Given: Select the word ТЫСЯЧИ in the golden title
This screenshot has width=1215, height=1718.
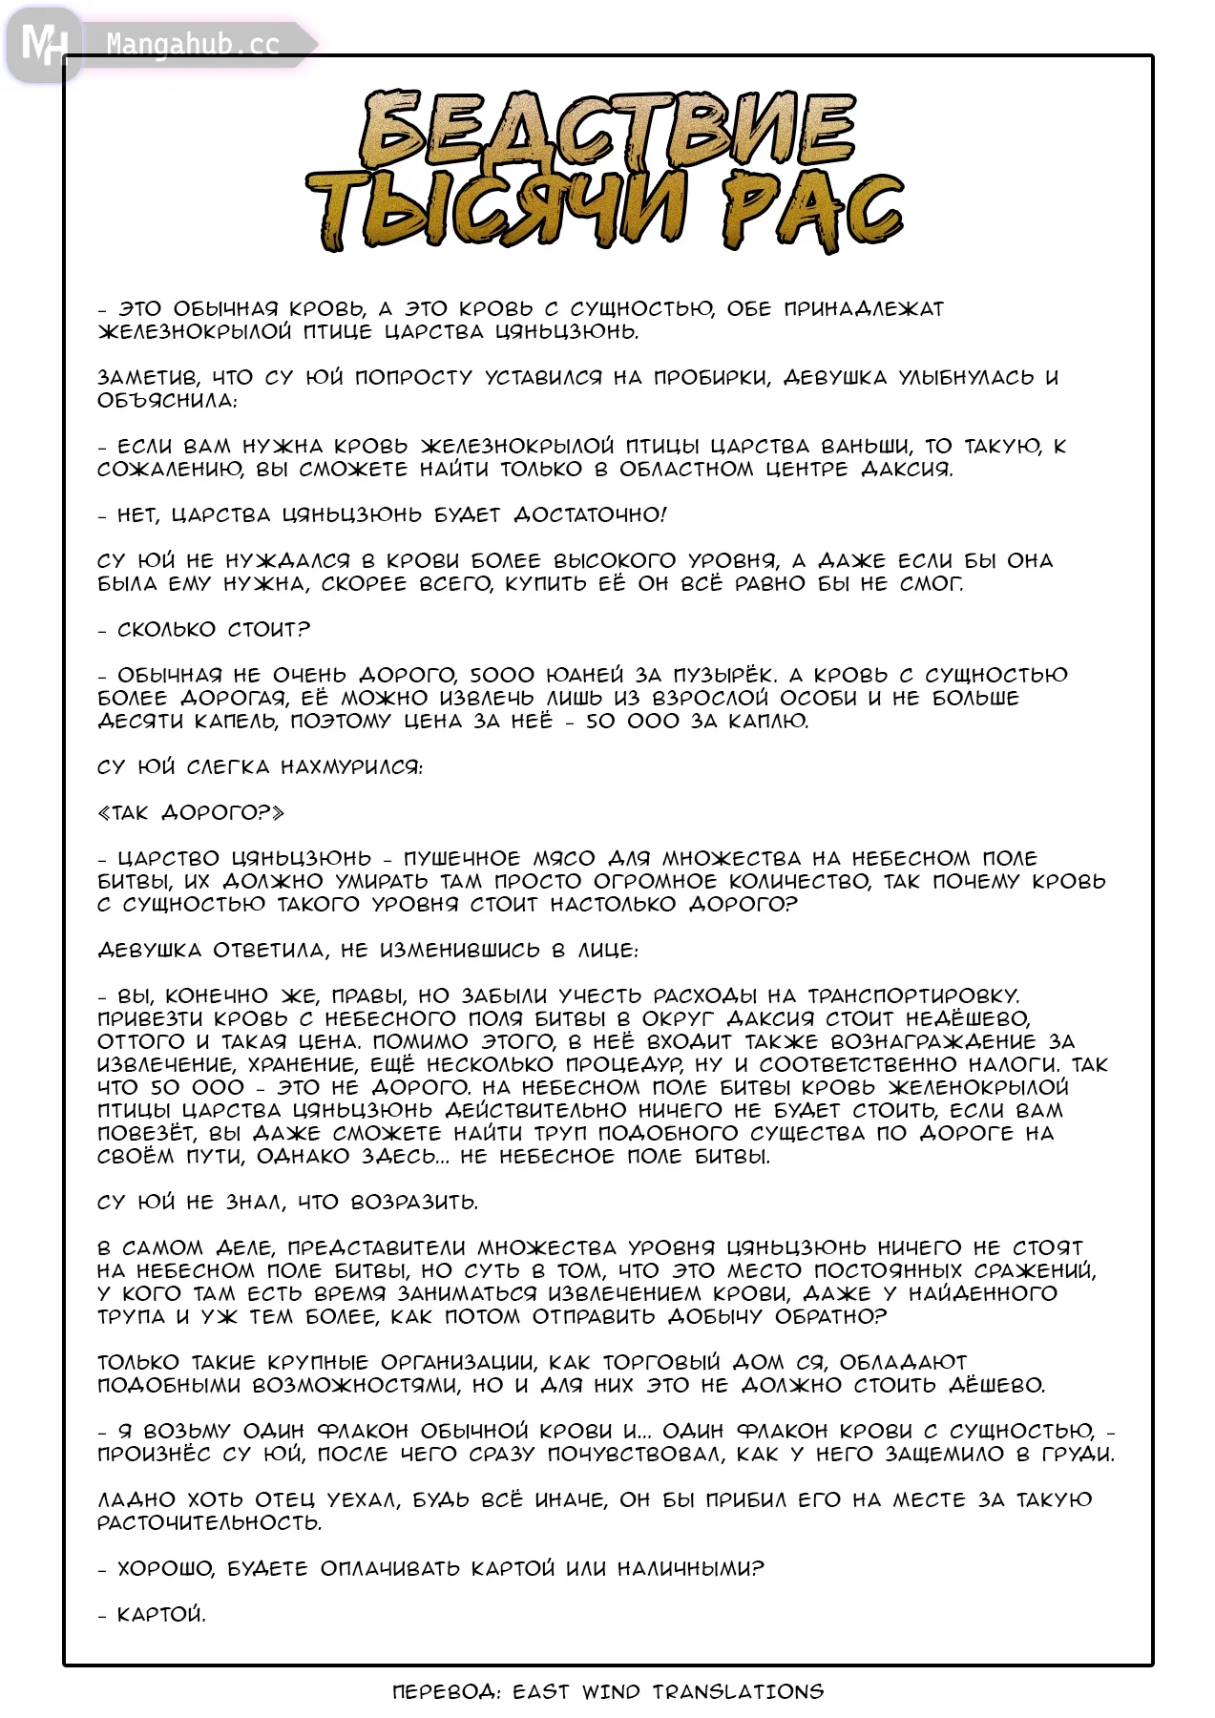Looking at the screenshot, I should [x=496, y=209].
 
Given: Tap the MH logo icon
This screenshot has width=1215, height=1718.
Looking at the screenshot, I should [x=43, y=44].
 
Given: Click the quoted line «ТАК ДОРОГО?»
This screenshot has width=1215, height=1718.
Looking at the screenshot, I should [x=191, y=813].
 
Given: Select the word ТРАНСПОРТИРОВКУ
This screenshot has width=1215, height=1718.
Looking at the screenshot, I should [x=913, y=996].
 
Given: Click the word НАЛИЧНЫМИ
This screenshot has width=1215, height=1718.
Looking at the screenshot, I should [x=690, y=1569].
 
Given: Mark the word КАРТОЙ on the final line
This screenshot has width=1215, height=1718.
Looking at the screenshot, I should [x=160, y=1615].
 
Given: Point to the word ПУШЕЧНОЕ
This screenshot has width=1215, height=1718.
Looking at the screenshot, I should [x=462, y=859].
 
